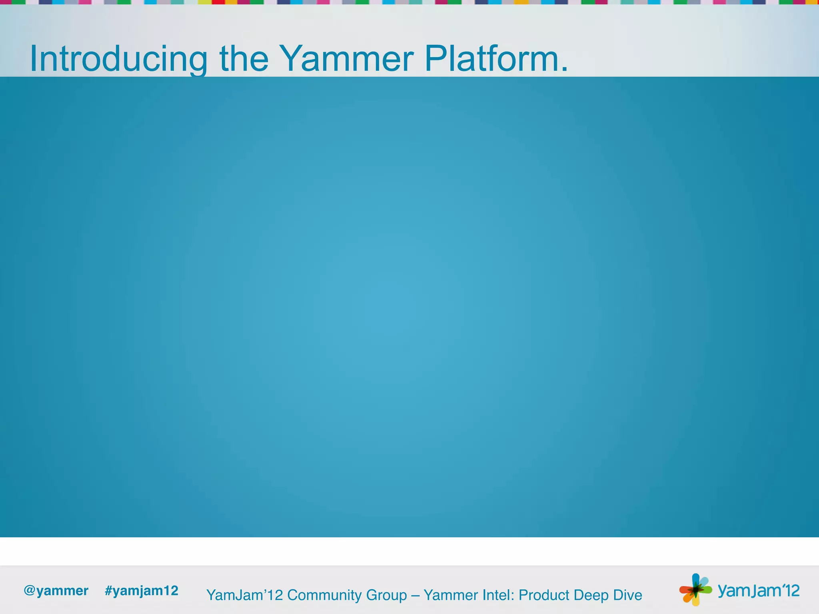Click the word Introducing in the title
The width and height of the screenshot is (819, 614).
coord(118,59)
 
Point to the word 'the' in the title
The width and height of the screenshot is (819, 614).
coord(244,59)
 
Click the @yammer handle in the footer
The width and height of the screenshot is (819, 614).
coord(56,590)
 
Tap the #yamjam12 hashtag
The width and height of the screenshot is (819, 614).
coord(142,590)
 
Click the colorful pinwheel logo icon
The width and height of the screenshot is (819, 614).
coord(695,589)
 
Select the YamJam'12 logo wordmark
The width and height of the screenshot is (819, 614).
coord(759,590)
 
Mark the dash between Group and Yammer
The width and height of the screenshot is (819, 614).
coord(415,596)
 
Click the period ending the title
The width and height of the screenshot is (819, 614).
coord(564,70)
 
